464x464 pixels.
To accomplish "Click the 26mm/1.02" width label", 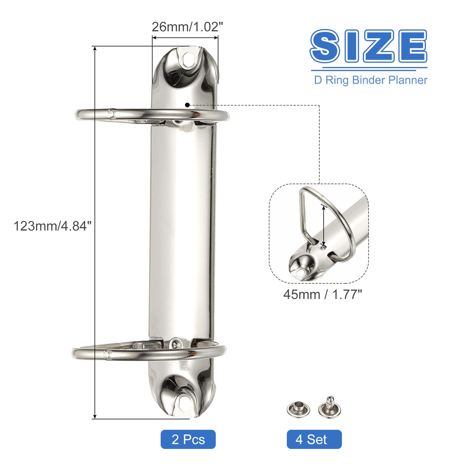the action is point(187,27).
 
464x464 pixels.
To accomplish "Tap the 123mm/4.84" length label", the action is point(52,226).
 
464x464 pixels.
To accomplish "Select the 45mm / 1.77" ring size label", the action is point(322,295).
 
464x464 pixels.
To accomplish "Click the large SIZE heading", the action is point(368,46).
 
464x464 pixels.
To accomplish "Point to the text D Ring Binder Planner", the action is point(371,80).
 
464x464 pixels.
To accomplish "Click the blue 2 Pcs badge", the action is point(188,439).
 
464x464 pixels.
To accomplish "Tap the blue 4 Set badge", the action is point(314,439).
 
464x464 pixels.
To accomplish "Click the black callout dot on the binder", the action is point(187,105).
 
